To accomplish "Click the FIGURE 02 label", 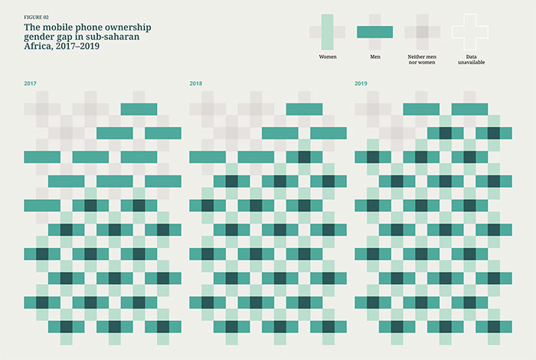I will (x=38, y=16).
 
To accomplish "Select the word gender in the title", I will (x=41, y=37).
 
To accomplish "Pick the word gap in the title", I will (x=70, y=37).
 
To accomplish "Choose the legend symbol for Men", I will (x=374, y=31).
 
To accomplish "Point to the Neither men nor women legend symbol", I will (x=422, y=31).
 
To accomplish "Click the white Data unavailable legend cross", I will (x=469, y=31).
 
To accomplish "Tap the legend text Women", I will (x=327, y=57).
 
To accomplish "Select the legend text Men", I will (x=374, y=57).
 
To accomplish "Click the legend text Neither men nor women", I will (x=422, y=59).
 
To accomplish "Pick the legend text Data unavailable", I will (x=469, y=59).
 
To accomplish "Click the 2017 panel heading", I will (x=30, y=83).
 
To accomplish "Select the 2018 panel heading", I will (x=195, y=83).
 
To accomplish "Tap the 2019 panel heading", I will (x=361, y=83).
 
